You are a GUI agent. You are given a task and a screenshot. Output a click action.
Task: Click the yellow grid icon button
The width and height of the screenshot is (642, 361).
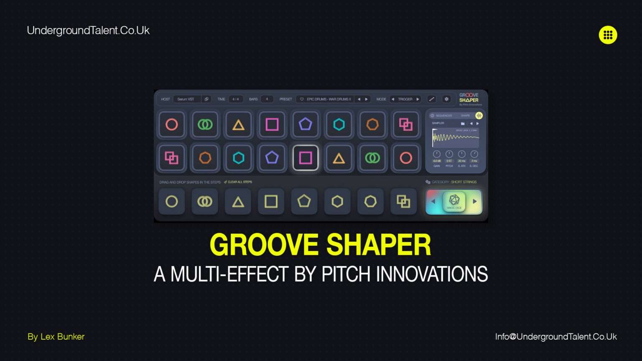(608, 35)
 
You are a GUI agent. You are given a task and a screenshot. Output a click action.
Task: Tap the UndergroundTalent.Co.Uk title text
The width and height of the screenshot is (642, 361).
(88, 31)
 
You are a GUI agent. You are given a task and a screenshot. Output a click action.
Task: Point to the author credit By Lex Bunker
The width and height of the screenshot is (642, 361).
(56, 337)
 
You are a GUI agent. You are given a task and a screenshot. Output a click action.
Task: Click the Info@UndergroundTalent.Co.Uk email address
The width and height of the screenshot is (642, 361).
(556, 337)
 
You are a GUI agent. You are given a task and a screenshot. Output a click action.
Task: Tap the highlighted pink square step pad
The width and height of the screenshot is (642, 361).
(306, 158)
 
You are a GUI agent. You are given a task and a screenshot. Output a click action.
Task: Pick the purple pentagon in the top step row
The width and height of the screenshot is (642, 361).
(306, 125)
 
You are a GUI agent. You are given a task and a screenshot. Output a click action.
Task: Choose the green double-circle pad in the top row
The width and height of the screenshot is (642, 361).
(205, 125)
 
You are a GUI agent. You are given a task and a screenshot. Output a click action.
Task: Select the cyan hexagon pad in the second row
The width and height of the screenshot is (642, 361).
(238, 158)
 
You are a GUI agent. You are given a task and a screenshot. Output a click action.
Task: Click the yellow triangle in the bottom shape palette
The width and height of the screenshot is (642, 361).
(238, 202)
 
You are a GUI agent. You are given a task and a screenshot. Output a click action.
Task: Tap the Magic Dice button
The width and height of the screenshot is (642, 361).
(454, 201)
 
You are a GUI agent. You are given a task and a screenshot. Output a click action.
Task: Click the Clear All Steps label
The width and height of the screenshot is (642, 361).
(239, 182)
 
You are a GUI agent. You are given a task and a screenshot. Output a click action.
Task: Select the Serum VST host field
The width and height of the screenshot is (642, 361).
(186, 99)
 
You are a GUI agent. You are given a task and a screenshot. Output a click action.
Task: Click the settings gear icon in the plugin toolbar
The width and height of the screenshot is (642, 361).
(446, 99)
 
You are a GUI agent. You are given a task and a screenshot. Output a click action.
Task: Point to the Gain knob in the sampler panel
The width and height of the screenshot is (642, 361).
(437, 154)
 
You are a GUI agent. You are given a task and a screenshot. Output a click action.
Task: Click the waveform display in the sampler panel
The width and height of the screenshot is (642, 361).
(455, 138)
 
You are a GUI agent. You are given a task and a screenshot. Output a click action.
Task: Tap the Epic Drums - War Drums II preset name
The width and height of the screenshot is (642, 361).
(329, 99)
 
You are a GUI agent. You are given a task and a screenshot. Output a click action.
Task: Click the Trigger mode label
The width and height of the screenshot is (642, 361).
(405, 99)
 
